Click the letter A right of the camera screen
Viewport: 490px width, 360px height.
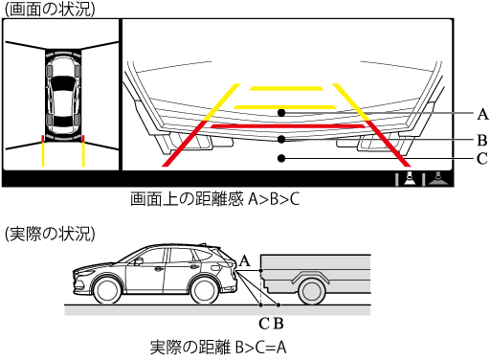482,114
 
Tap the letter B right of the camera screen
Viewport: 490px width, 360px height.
482,140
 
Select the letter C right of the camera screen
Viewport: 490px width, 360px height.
482,158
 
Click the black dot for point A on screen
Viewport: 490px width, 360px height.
281,113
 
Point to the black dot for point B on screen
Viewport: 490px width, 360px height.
281,139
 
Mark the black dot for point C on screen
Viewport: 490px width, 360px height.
281,158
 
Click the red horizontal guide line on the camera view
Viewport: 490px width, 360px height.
287,126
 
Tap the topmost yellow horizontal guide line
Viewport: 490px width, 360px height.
286,88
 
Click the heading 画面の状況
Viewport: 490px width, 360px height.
50,9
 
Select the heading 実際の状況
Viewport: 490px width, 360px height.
50,234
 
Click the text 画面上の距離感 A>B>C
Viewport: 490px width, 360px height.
215,199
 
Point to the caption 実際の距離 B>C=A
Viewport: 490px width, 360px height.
218,347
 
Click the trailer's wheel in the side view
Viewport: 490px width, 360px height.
311,291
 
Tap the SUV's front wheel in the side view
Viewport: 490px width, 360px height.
108,290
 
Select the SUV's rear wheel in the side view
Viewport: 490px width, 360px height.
205,290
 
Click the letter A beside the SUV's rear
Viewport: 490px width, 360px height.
245,260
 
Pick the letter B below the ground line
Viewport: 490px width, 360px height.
278,324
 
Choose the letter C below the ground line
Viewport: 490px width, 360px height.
264,324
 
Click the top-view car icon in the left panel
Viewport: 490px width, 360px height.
63,96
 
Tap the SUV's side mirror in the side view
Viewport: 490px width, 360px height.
138,262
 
